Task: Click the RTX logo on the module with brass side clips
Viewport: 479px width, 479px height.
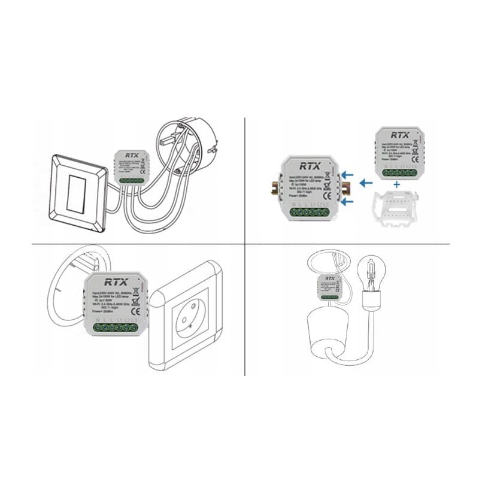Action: (x=310, y=166)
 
